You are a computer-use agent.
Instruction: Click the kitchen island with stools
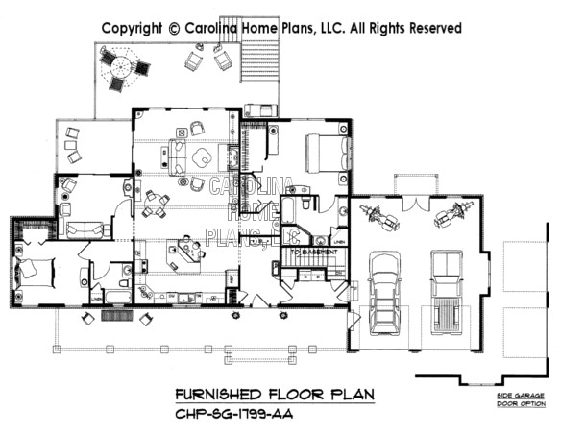(x=183, y=252)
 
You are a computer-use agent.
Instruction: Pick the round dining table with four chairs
(x=155, y=202)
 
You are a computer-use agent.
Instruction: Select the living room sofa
(x=177, y=156)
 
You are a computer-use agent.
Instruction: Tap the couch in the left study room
(x=85, y=229)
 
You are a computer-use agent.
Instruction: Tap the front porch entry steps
(x=115, y=315)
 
